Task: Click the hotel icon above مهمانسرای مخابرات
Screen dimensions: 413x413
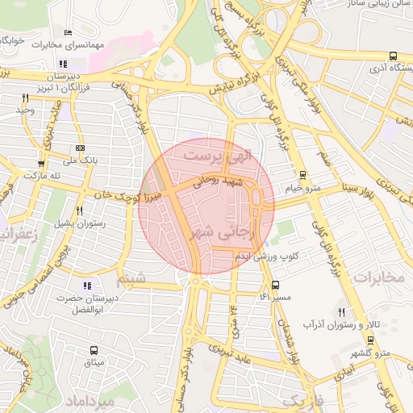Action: pos(68,33)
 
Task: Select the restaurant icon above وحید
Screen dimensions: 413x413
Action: pos(26,98)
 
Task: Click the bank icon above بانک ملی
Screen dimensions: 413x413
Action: pos(79,148)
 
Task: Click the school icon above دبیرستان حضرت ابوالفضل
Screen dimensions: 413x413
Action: pos(87,285)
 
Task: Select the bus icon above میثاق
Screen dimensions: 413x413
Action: pos(94,351)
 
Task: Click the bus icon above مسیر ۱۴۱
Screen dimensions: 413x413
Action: pos(275,285)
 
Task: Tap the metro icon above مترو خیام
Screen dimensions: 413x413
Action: pos(302,175)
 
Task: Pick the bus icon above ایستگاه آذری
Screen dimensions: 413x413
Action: pos(392,56)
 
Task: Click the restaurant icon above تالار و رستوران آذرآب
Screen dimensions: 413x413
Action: pos(341,311)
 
